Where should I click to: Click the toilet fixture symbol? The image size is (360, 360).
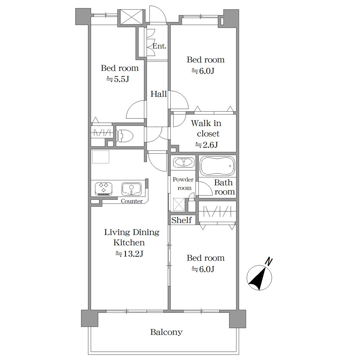(125, 136)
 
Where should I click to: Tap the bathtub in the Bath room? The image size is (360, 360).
(217, 166)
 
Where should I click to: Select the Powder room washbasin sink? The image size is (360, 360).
(184, 163)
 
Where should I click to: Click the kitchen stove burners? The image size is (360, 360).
(104, 189)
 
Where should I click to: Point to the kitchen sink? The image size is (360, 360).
(131, 189)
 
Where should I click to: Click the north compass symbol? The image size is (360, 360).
(259, 278)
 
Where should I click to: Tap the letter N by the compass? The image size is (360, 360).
(269, 262)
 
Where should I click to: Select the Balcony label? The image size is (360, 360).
(166, 332)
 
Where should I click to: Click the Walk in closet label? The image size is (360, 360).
(206, 129)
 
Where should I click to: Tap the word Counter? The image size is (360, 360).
(132, 201)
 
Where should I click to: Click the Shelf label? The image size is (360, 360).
(181, 220)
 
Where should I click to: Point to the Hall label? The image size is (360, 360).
(159, 94)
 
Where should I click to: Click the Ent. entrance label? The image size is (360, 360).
(159, 46)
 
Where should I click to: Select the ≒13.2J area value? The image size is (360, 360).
(129, 254)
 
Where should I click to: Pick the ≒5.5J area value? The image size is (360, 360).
(118, 79)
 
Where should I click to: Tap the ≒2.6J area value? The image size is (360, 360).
(206, 145)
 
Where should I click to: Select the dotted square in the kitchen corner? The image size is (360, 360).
(100, 157)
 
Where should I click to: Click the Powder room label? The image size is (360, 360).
(183, 184)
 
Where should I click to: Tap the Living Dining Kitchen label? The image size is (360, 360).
(131, 237)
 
